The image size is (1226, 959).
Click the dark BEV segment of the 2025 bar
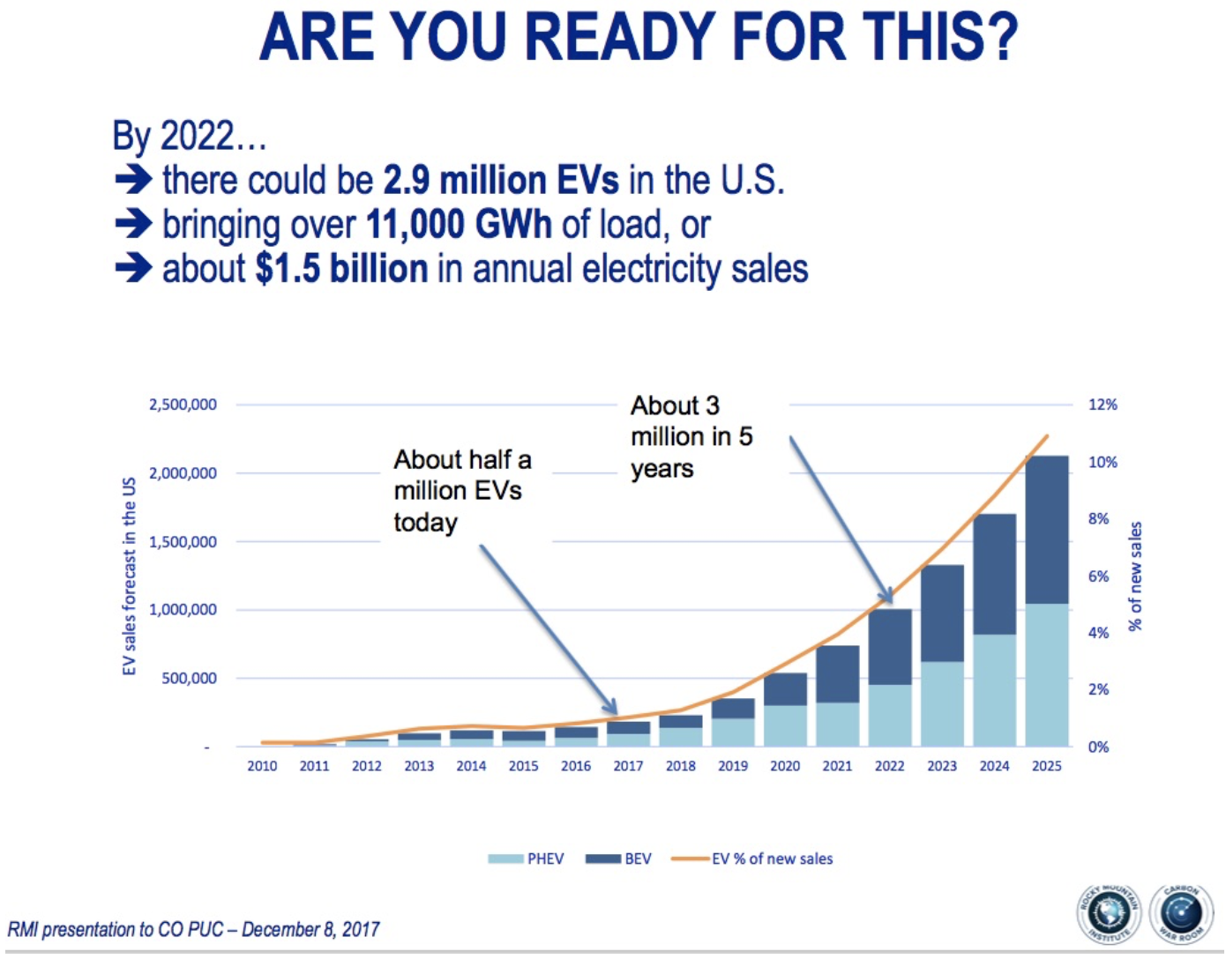tap(1047, 529)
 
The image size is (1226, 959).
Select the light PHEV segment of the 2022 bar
tap(890, 715)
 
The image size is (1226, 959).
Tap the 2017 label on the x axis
tap(628, 766)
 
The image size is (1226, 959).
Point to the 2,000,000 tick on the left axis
tap(183, 473)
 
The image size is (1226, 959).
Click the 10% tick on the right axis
tap(1103, 462)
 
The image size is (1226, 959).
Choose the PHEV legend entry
tap(527, 859)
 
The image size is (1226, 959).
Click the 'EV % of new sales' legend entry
tap(752, 859)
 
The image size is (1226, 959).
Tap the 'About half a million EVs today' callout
tap(462, 490)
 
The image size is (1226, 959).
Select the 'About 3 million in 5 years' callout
tap(691, 436)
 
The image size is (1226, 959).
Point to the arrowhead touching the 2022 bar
tap(888, 597)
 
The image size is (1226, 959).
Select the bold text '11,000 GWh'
tap(459, 225)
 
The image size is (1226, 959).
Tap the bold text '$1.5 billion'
tap(341, 269)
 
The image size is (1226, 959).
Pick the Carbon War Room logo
tap(1181, 913)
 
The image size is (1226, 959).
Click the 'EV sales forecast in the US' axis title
tap(130, 576)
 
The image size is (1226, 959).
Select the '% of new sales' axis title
tap(1135, 576)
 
